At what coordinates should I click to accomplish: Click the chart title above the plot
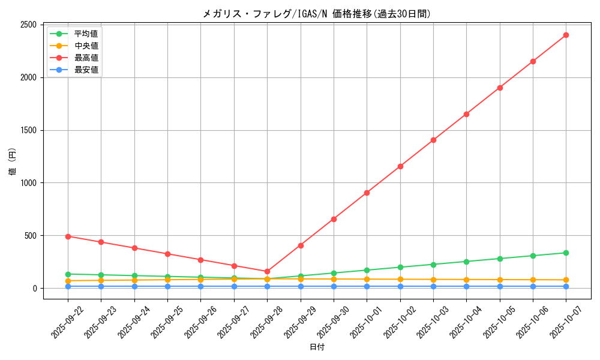317,14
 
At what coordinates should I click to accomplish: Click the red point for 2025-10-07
566,35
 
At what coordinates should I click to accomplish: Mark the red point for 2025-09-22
68,236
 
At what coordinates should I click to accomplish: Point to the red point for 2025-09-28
267,271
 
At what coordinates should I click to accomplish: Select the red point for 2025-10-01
367,193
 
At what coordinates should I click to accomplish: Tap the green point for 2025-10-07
566,253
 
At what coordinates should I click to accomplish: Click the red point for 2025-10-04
466,114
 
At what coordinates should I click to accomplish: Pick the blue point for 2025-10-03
433,286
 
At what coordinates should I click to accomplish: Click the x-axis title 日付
317,347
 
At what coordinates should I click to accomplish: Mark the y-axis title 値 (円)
12,162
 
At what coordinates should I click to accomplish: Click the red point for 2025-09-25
167,254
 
